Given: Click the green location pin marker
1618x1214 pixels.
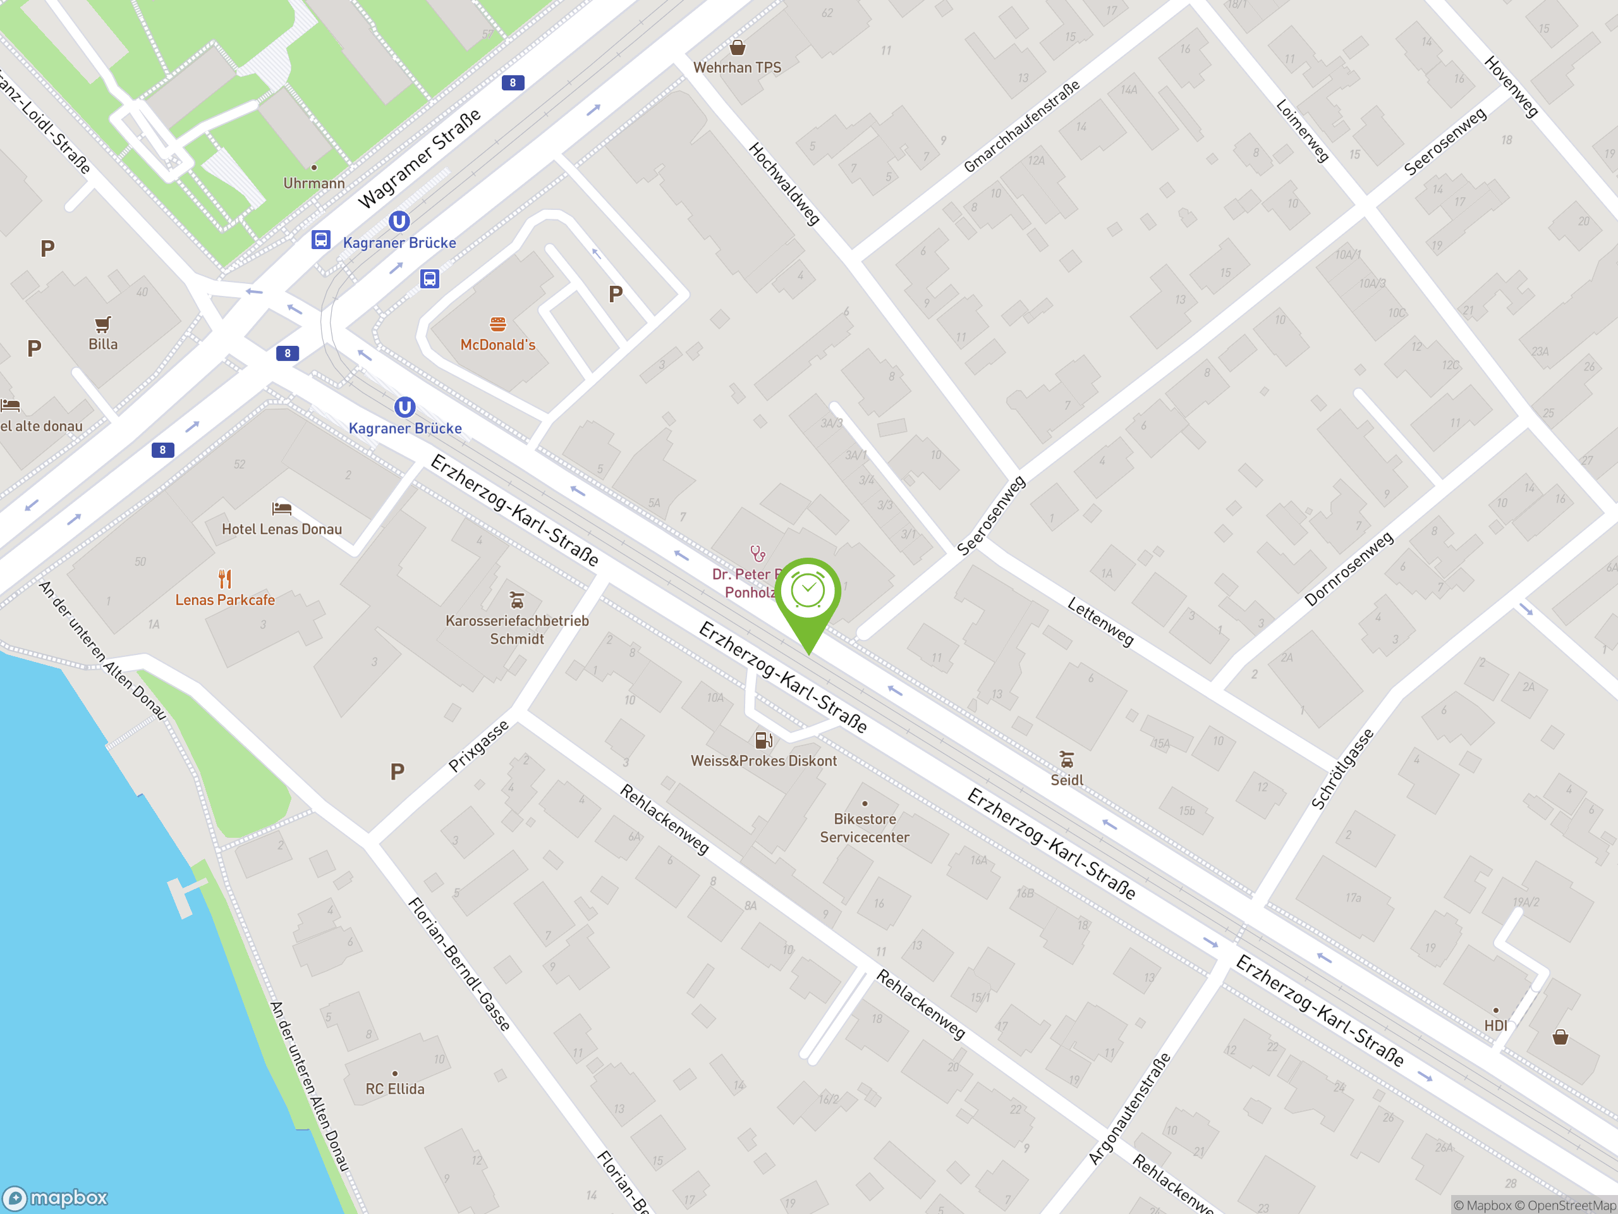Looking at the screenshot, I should [x=808, y=592].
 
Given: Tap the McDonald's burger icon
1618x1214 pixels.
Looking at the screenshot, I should [x=498, y=324].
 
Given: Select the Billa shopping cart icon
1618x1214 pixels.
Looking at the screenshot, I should [x=102, y=324].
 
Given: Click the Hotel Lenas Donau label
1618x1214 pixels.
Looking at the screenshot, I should [x=282, y=529].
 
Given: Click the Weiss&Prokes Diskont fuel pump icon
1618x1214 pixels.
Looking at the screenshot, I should [x=763, y=740].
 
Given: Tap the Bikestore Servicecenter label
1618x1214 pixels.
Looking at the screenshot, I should [x=865, y=828].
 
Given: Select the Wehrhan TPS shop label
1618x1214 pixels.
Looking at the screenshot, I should [x=738, y=67].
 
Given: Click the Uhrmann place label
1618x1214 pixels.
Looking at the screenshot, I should [x=313, y=183].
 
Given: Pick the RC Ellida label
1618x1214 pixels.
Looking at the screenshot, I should [x=395, y=1089].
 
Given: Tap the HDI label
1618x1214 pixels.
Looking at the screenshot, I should [x=1496, y=1025].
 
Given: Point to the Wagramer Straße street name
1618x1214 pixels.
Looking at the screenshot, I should [x=420, y=158].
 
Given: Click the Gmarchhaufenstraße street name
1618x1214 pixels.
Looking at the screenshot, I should [x=1021, y=126].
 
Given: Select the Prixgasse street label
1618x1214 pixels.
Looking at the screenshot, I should [x=478, y=745].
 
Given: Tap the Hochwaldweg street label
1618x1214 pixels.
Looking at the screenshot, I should [x=784, y=183].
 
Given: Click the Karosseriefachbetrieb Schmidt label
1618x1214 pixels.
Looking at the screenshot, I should [x=517, y=629].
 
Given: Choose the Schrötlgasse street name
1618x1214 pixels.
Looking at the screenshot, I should [x=1342, y=768].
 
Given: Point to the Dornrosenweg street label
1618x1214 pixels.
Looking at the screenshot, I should [x=1349, y=568].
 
